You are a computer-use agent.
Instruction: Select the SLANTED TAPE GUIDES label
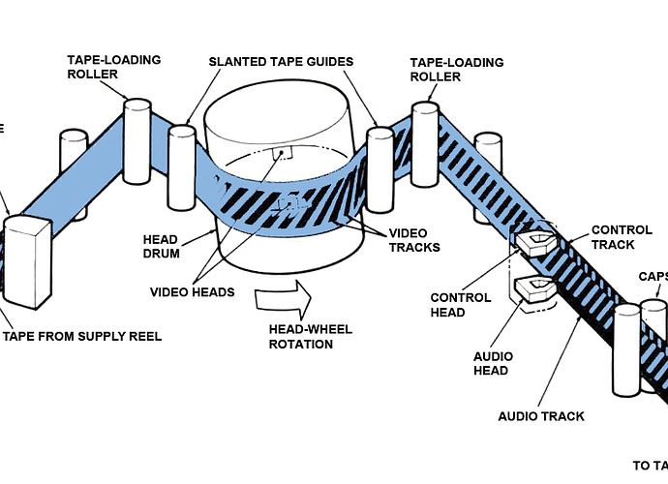point(282,62)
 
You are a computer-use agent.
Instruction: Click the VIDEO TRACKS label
point(414,240)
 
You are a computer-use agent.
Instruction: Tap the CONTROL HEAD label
point(461,305)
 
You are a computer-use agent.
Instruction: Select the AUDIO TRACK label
point(541,416)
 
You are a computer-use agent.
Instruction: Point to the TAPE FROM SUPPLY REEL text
point(82,337)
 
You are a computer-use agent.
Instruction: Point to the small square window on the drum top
point(282,154)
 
